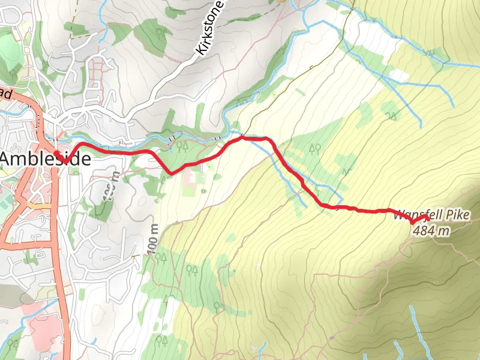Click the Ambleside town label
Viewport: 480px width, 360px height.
(x=46, y=160)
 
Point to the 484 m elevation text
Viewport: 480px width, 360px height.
(x=431, y=230)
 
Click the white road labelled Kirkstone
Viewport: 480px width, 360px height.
(x=180, y=72)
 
